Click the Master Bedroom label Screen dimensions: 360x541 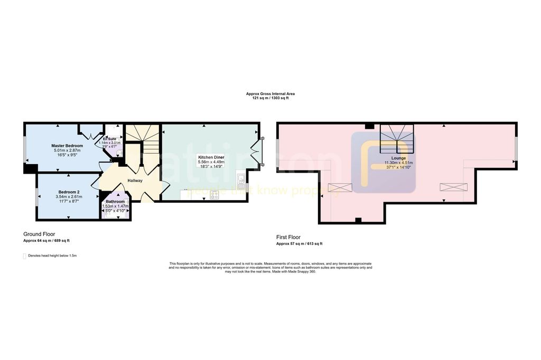(x=67, y=145)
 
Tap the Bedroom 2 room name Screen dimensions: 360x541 (x=69, y=192)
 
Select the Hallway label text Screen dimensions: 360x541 (x=134, y=181)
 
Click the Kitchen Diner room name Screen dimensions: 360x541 (x=211, y=157)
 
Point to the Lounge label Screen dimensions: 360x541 (x=398, y=158)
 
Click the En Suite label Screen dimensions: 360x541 (x=109, y=139)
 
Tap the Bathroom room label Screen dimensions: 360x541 (x=115, y=202)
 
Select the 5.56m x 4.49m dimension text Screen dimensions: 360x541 (x=211, y=162)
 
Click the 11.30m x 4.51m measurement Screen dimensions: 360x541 (x=398, y=163)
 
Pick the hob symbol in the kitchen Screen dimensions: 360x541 (x=215, y=195)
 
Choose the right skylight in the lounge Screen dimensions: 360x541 (x=454, y=186)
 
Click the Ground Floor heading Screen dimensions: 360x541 (x=39, y=234)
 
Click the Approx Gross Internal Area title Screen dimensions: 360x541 (x=270, y=94)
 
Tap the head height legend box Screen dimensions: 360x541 (x=24, y=256)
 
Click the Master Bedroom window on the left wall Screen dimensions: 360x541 (x=25, y=150)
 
